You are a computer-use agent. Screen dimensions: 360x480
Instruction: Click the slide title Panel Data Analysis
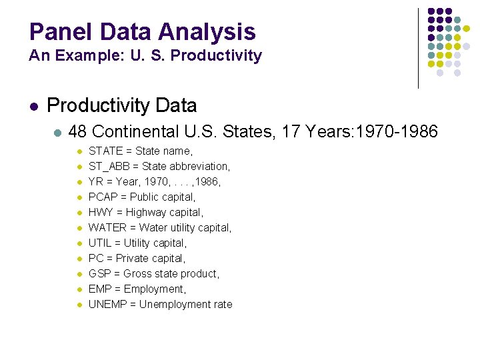(x=142, y=31)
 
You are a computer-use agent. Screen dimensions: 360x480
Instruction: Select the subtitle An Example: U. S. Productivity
(x=145, y=56)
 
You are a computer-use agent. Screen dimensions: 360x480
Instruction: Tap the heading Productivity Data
(x=122, y=105)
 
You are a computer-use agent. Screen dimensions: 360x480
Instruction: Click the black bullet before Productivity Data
(x=33, y=106)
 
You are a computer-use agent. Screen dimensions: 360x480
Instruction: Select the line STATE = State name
(x=141, y=151)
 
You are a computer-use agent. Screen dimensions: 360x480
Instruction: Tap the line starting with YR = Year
(x=154, y=182)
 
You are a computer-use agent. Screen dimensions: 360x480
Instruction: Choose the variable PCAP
(x=103, y=197)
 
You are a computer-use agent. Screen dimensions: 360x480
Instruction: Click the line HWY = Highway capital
(x=146, y=213)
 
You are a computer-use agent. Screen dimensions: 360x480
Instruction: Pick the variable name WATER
(x=107, y=228)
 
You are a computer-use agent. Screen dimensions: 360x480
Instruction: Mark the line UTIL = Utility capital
(x=137, y=243)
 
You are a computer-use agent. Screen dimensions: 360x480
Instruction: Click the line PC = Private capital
(x=137, y=259)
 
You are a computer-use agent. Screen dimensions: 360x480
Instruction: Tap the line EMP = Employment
(x=137, y=289)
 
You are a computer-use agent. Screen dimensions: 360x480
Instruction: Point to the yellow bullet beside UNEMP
(x=79, y=305)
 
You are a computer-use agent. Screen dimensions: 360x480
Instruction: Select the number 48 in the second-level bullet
(x=78, y=132)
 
